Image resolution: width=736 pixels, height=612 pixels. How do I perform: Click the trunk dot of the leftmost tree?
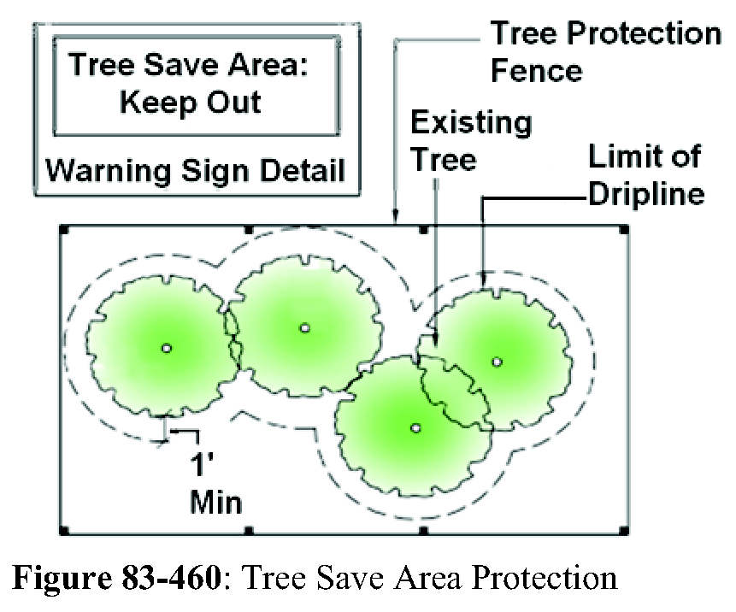[167, 347]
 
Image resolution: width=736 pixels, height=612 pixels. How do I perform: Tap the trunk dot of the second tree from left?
[304, 327]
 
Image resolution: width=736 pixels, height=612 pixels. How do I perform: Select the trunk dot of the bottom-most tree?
[415, 427]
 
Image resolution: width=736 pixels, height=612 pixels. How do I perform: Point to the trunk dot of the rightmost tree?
[497, 361]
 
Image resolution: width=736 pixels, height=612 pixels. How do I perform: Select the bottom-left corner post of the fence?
[63, 531]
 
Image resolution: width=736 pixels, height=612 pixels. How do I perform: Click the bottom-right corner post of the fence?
[624, 531]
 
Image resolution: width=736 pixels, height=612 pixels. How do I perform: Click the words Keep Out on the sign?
[190, 103]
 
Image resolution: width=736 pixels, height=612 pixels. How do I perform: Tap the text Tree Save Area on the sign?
[190, 66]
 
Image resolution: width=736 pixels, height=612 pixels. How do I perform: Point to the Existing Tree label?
[470, 140]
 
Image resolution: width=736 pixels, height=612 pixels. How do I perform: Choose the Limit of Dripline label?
[645, 176]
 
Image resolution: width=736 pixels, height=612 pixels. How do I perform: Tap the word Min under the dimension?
[215, 502]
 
